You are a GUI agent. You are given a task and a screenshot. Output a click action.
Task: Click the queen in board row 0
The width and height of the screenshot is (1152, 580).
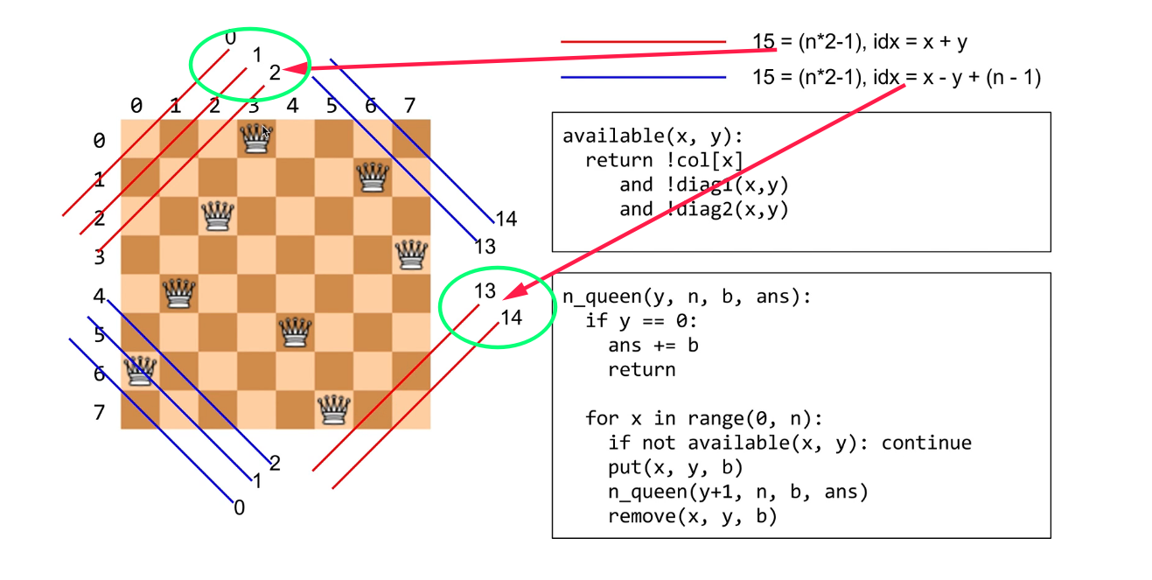pyautogui.click(x=255, y=138)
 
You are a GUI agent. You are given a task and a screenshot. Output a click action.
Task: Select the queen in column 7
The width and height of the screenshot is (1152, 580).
pyautogui.click(x=410, y=255)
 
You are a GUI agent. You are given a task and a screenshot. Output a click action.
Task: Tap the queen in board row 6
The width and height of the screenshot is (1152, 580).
pyautogui.click(x=140, y=370)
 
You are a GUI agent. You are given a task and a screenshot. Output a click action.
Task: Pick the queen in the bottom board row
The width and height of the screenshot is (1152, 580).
pyautogui.click(x=332, y=409)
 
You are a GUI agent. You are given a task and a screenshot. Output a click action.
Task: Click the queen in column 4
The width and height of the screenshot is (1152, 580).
pyautogui.click(x=294, y=332)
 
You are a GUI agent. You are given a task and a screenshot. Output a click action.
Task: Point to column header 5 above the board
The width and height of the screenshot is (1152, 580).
pyautogui.click(x=332, y=107)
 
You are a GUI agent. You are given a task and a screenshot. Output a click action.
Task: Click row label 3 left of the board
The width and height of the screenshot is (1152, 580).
pyautogui.click(x=99, y=257)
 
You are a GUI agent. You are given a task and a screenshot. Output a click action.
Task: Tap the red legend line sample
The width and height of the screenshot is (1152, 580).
pyautogui.click(x=643, y=41)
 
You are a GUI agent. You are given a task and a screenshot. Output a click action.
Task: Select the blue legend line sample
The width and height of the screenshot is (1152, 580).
pyautogui.click(x=643, y=78)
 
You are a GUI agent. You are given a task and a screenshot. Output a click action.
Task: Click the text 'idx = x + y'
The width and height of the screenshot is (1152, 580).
pyautogui.click(x=919, y=41)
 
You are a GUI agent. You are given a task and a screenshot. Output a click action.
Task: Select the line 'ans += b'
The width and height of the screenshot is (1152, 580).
pyautogui.click(x=653, y=345)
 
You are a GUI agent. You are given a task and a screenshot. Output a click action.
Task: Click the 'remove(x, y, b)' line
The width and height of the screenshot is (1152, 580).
pyautogui.click(x=693, y=516)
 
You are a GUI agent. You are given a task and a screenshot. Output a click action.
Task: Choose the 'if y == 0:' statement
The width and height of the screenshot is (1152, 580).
pyautogui.click(x=639, y=320)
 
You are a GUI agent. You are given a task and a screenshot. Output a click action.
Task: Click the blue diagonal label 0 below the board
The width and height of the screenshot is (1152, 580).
pyautogui.click(x=239, y=507)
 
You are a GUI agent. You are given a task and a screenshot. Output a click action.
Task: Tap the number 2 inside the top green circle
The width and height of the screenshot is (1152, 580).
pyautogui.click(x=275, y=73)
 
